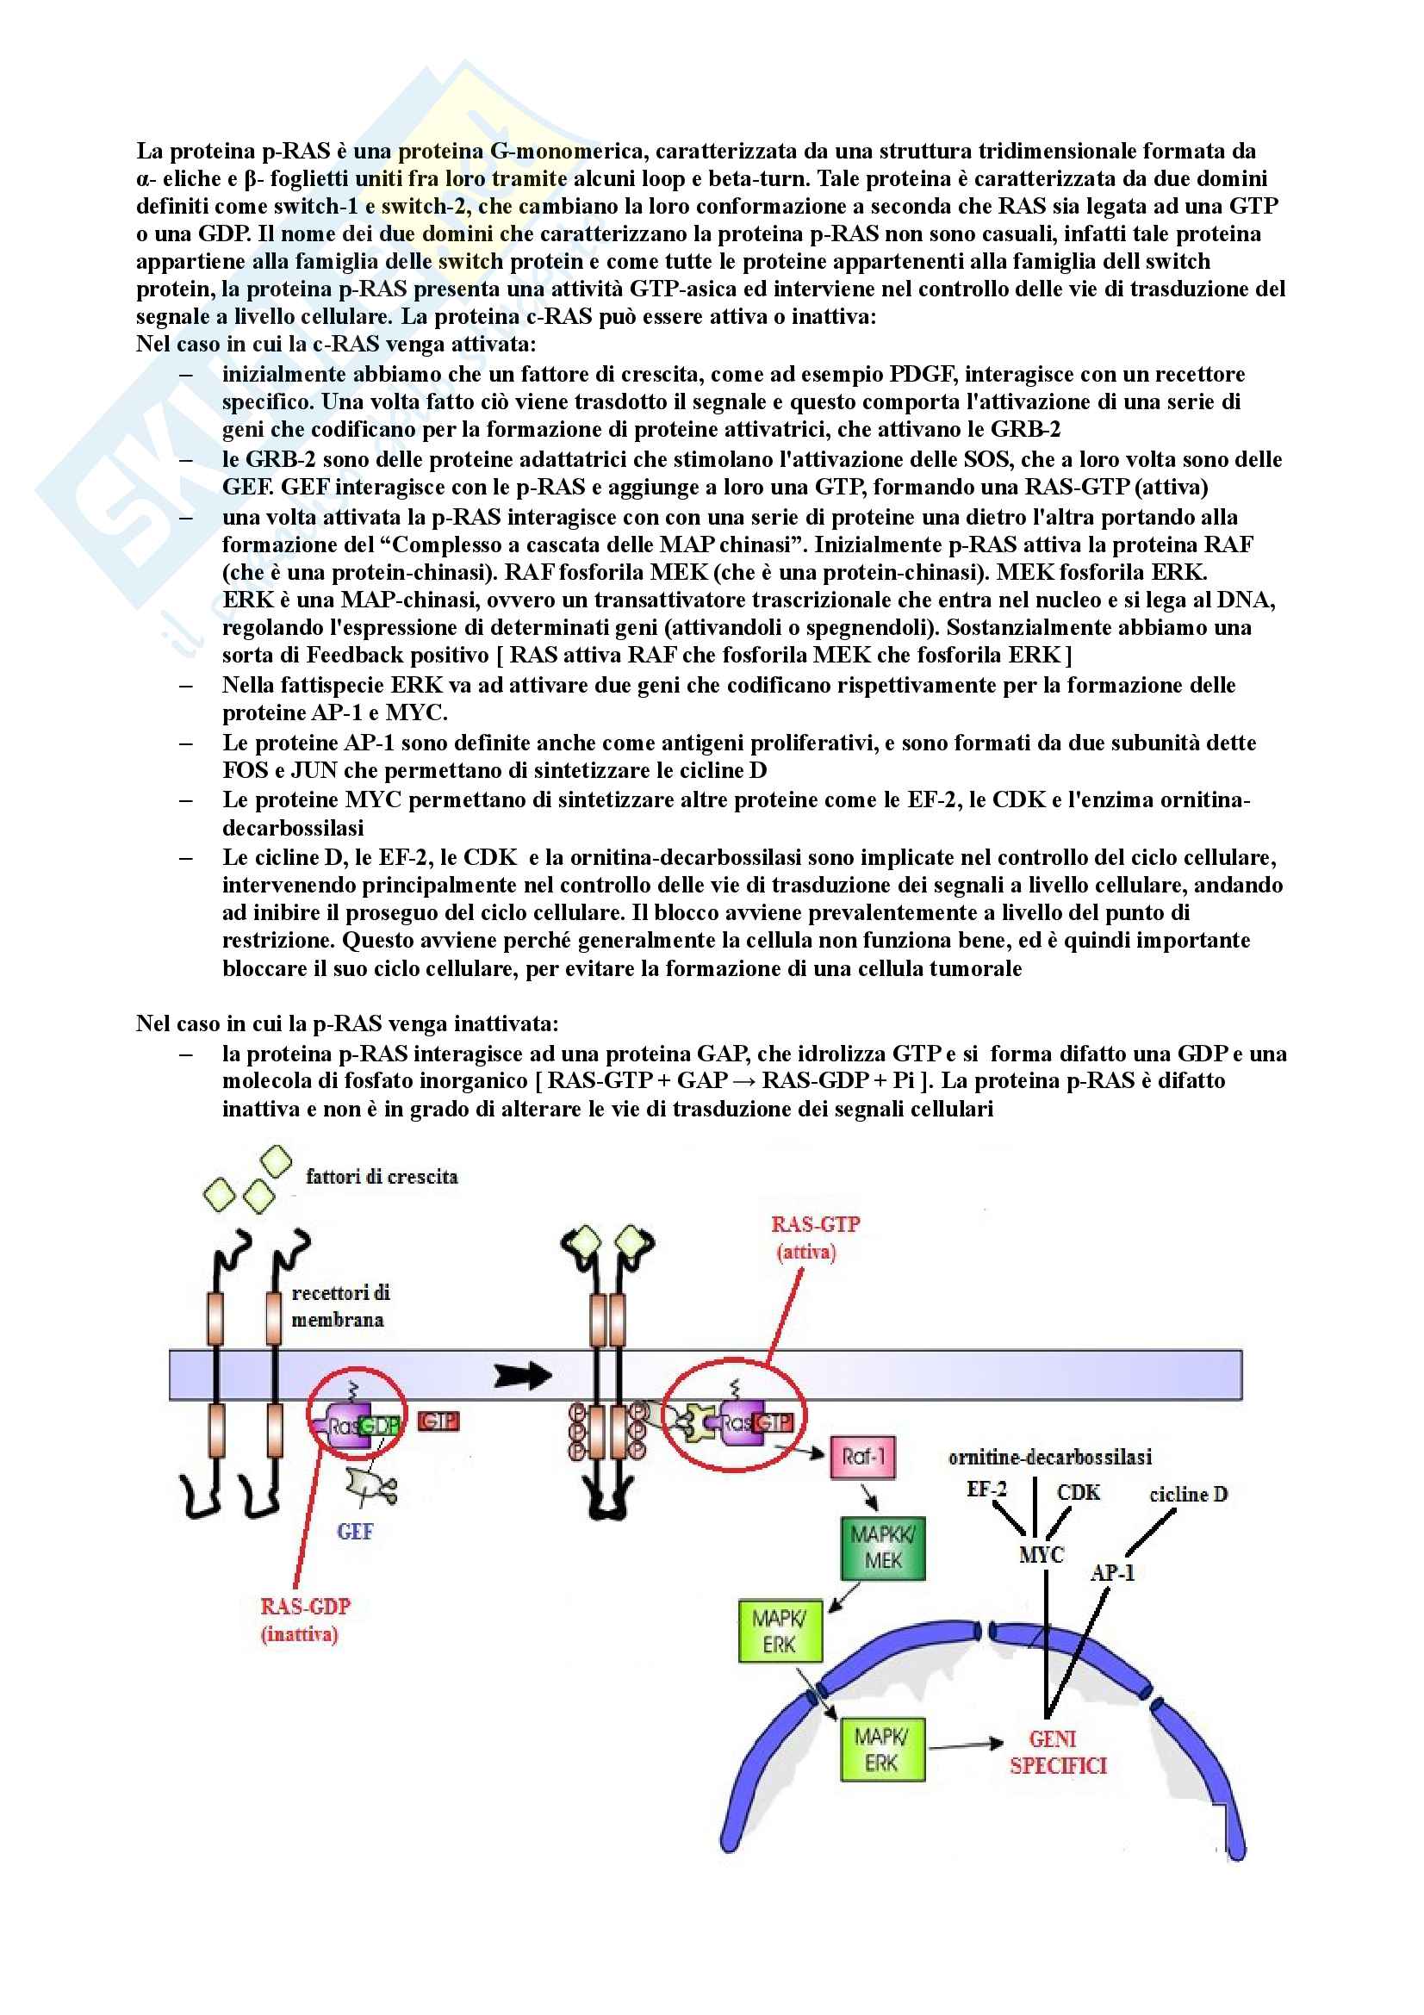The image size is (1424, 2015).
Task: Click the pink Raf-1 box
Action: [x=863, y=1458]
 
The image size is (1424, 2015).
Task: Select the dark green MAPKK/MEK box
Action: [x=883, y=1548]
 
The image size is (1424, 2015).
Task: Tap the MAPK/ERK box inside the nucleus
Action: [x=882, y=1750]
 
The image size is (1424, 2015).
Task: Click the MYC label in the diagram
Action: [x=1042, y=1554]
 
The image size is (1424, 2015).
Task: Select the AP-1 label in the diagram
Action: [x=1112, y=1573]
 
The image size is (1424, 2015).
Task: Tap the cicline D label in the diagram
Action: [x=1188, y=1495]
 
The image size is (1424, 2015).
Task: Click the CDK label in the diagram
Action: [x=1079, y=1493]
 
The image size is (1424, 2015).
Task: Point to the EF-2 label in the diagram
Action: [x=986, y=1489]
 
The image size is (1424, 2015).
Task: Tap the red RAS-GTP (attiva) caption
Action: [x=815, y=1237]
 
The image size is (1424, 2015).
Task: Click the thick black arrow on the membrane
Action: [x=522, y=1375]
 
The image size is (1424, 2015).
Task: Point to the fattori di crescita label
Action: [x=382, y=1177]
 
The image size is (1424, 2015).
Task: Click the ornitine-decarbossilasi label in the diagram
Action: [x=1050, y=1458]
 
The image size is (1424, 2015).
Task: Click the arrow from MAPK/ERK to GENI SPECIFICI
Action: [x=965, y=1744]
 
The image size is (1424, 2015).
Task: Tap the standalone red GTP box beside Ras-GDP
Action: [x=438, y=1421]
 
